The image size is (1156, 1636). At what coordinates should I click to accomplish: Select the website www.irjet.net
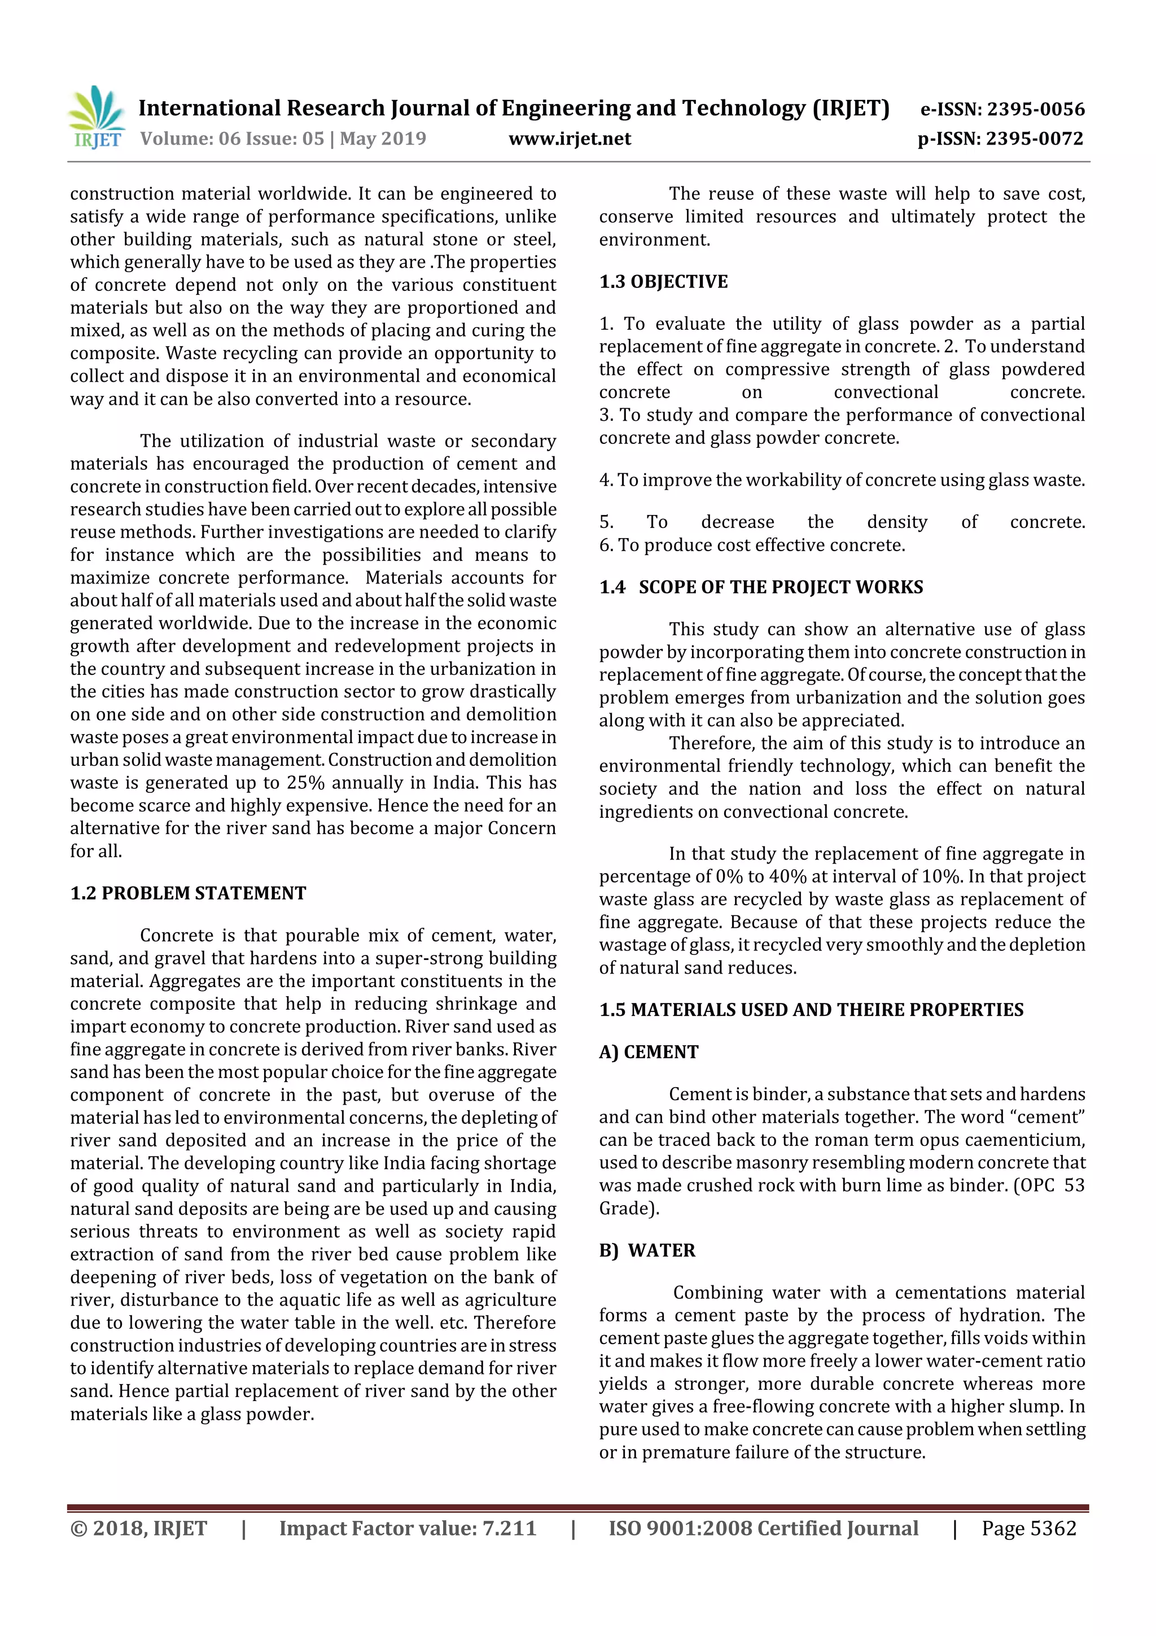[569, 139]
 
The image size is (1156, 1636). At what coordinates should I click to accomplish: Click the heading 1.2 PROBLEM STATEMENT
[188, 893]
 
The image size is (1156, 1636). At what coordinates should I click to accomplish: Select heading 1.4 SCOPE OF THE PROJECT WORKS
[761, 587]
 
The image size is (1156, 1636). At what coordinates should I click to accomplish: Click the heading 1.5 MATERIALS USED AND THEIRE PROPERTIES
[811, 1010]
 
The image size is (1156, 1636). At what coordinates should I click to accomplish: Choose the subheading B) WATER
[647, 1250]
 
